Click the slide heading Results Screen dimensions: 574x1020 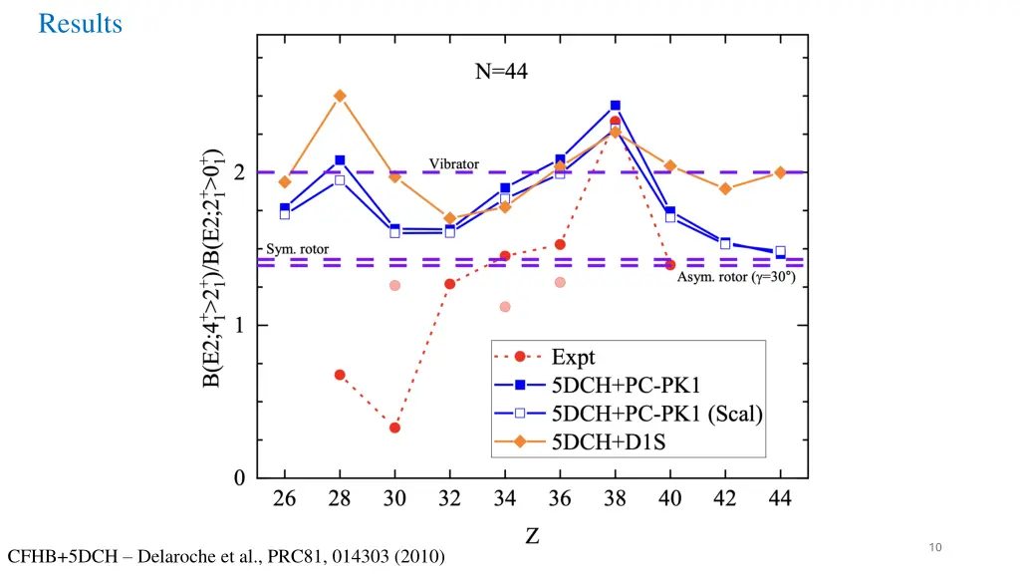(80, 24)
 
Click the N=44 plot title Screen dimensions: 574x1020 (500, 72)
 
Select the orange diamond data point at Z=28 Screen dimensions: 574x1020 (340, 96)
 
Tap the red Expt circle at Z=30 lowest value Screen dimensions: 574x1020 (394, 428)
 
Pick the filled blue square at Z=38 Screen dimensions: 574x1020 (616, 106)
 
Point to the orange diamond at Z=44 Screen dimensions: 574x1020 (780, 172)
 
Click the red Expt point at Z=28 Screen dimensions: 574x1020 (340, 375)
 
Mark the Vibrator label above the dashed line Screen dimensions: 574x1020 (454, 163)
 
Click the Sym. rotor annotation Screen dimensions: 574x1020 (297, 248)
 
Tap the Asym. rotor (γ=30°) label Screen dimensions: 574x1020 (736, 277)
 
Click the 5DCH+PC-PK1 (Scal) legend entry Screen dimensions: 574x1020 (657, 416)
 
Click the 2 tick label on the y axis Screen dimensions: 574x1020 (238, 172)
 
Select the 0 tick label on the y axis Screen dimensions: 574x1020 (238, 478)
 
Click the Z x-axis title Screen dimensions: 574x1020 (533, 537)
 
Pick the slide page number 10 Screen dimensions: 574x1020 (934, 546)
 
